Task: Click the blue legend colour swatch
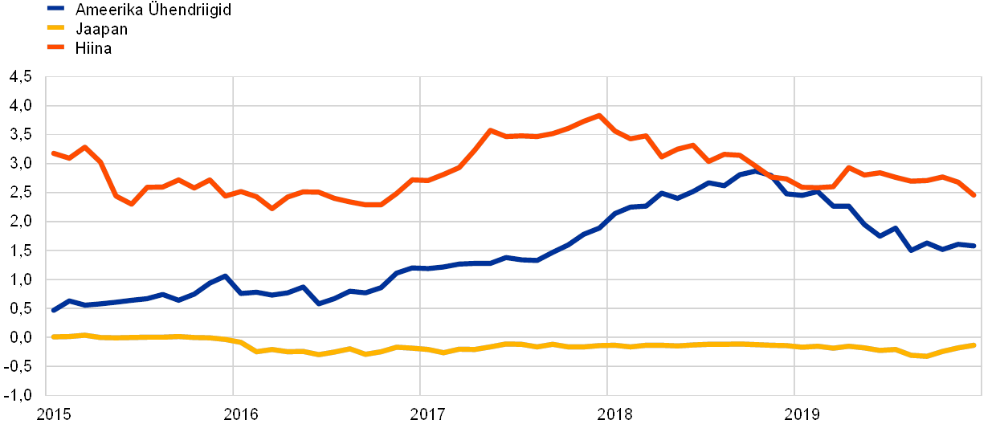click(x=55, y=9)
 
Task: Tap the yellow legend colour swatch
click(x=55, y=29)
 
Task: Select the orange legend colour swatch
click(x=55, y=48)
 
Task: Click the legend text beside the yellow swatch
click(x=100, y=29)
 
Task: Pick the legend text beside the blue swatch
click(x=152, y=9)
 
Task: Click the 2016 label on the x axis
click(x=239, y=414)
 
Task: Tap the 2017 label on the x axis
click(x=427, y=414)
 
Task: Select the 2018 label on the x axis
click(x=614, y=414)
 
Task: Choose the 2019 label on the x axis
click(x=802, y=414)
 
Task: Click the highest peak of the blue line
click(x=755, y=170)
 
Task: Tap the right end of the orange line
click(x=974, y=195)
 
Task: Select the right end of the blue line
click(x=974, y=246)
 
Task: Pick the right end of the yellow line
click(x=974, y=345)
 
